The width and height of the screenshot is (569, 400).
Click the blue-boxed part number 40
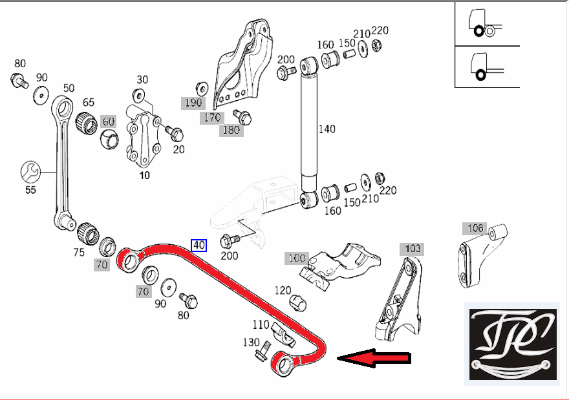[199, 246]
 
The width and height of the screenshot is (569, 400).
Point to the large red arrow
[374, 358]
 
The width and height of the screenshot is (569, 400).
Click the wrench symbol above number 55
[30, 172]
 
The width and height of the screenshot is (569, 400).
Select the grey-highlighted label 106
[475, 228]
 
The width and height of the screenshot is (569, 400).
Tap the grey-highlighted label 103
[413, 249]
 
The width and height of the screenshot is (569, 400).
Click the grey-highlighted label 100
[297, 258]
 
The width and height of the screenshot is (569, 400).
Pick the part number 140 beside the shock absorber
[327, 129]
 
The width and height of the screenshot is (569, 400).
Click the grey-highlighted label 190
[193, 103]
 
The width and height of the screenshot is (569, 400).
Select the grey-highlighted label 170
[212, 118]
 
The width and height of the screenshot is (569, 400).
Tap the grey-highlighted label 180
[231, 130]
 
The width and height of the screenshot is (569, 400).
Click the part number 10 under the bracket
[144, 176]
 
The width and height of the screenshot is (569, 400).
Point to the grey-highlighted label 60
[109, 121]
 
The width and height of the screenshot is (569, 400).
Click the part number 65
[88, 102]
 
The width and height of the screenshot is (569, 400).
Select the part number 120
[283, 290]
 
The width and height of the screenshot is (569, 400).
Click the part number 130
[251, 342]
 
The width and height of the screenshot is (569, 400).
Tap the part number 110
[261, 324]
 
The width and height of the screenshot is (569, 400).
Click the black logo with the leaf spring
[513, 344]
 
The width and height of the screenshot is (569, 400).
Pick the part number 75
[79, 252]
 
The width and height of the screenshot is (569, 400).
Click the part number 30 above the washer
[142, 79]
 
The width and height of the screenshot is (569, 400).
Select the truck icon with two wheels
[484, 23]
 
